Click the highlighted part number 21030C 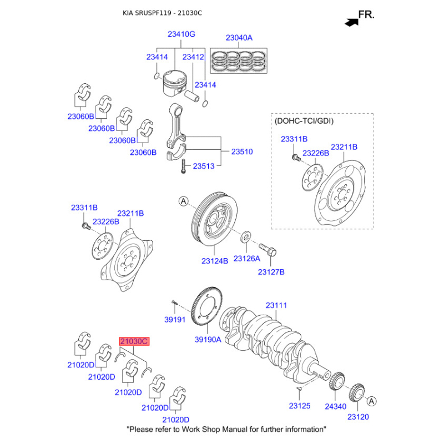(133, 342)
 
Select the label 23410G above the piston (181, 34)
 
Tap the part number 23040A (239, 38)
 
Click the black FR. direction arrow (350, 22)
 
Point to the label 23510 (242, 151)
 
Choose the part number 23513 (204, 166)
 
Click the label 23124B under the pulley (215, 260)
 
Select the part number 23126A (247, 259)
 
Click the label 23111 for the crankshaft (276, 305)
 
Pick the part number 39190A (208, 340)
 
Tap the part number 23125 (300, 407)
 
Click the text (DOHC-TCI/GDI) (304, 120)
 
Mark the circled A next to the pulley (183, 201)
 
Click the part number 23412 (193, 57)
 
